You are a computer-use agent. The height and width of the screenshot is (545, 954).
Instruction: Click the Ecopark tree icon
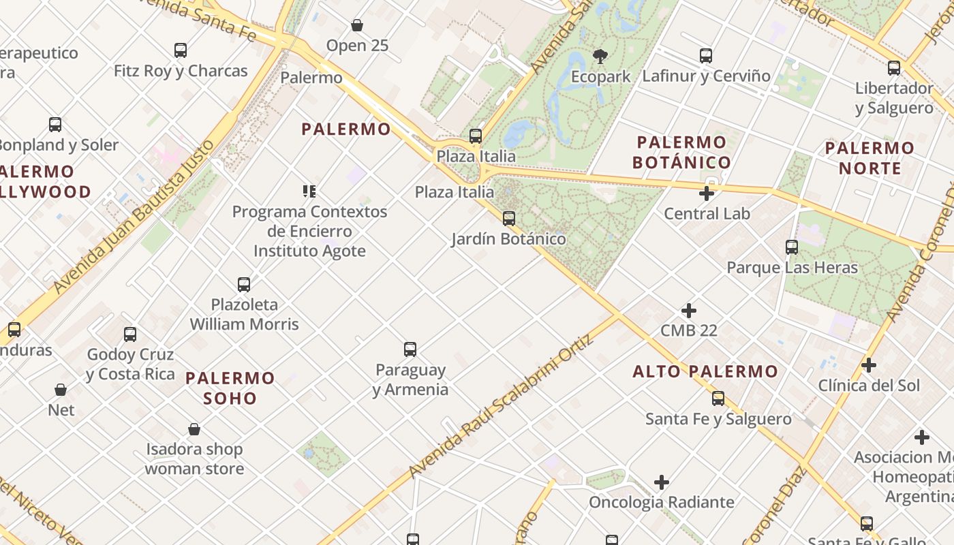tap(600, 56)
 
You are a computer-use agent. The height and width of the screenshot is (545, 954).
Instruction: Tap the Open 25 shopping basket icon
tap(356, 26)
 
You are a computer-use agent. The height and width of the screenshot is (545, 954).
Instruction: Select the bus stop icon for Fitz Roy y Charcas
tap(180, 50)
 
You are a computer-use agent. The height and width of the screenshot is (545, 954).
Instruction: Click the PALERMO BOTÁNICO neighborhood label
tap(681, 153)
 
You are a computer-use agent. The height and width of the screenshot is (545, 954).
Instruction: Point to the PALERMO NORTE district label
tap(870, 158)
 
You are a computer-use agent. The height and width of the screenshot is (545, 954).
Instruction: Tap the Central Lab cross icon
tap(707, 193)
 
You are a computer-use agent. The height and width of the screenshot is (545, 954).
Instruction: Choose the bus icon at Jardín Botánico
tap(508, 219)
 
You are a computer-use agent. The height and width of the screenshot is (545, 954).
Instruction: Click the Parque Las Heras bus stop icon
tap(792, 247)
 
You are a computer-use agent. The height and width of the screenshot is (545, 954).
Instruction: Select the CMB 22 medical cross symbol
tap(689, 311)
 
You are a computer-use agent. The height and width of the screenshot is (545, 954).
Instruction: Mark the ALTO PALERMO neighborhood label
tap(705, 372)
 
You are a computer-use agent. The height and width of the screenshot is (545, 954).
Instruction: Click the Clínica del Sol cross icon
tap(869, 365)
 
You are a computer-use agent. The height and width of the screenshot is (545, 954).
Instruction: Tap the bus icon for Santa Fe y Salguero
tap(718, 399)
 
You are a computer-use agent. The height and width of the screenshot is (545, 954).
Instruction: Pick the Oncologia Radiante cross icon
tap(662, 482)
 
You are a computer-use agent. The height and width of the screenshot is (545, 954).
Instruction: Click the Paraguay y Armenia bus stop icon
tap(410, 349)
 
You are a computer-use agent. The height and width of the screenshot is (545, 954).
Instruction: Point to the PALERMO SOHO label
tap(230, 388)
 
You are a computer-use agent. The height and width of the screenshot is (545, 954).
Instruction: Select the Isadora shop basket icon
tap(194, 429)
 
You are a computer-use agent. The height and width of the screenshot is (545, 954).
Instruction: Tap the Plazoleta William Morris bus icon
tap(244, 284)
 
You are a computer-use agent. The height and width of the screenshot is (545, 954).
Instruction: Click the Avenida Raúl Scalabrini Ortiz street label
tap(501, 407)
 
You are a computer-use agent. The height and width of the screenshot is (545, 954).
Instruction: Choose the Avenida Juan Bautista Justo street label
tap(134, 217)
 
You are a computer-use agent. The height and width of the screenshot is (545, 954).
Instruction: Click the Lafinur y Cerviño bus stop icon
tap(706, 56)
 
